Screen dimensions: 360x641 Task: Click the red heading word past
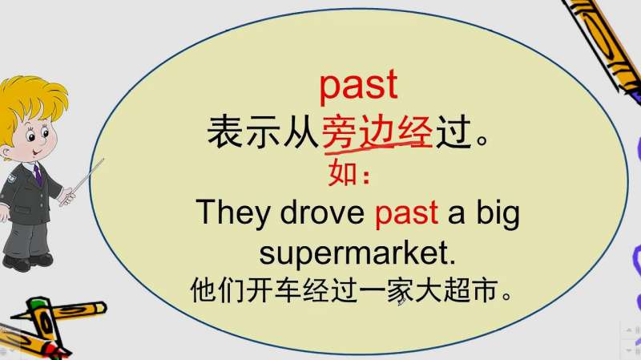point(358,85)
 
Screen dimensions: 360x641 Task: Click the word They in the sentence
point(234,213)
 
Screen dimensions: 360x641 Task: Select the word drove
point(324,213)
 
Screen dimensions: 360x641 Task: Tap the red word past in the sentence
point(406,215)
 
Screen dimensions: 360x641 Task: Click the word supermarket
point(357,254)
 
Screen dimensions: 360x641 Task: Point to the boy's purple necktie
point(37,172)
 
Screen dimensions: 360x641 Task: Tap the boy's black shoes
point(24,261)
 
